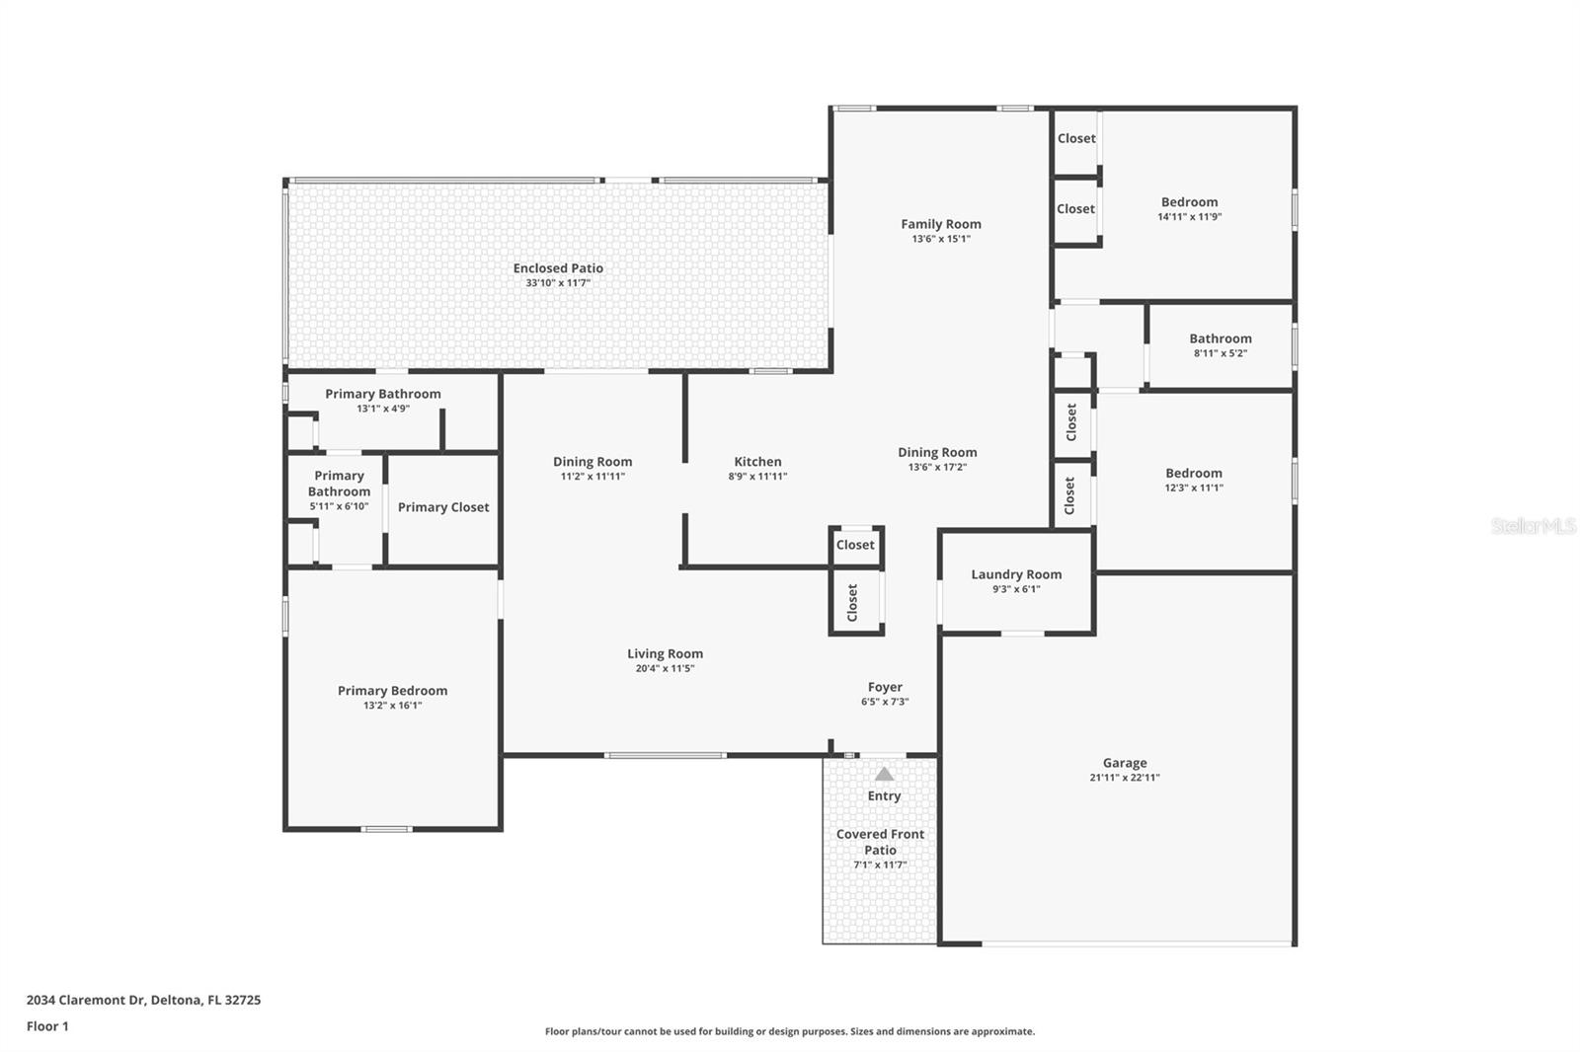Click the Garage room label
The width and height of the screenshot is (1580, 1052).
click(1124, 763)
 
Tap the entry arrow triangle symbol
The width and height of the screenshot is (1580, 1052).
click(884, 775)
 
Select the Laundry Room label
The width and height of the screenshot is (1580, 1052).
click(1016, 574)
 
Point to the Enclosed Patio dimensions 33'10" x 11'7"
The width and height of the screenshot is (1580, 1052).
click(558, 283)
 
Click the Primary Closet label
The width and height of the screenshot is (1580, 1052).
click(443, 507)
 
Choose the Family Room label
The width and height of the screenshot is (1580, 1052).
click(940, 224)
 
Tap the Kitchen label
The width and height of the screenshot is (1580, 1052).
click(757, 462)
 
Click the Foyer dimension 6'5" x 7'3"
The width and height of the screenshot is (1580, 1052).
click(885, 702)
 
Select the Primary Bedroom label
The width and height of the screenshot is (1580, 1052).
click(392, 691)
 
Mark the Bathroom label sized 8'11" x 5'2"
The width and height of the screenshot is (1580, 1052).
click(1220, 338)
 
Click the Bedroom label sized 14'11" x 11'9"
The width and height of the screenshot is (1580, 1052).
click(1189, 202)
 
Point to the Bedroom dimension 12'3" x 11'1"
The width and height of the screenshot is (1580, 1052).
click(1193, 488)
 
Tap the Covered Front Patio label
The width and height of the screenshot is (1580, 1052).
click(880, 842)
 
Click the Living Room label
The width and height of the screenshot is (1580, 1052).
click(665, 653)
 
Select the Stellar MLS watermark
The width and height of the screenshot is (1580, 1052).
click(1533, 526)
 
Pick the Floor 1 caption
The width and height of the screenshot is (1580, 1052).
click(47, 1026)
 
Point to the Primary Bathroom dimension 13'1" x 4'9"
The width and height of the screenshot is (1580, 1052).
click(383, 409)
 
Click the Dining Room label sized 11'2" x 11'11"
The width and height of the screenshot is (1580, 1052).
click(592, 462)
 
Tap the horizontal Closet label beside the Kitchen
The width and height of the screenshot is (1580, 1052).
click(855, 545)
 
